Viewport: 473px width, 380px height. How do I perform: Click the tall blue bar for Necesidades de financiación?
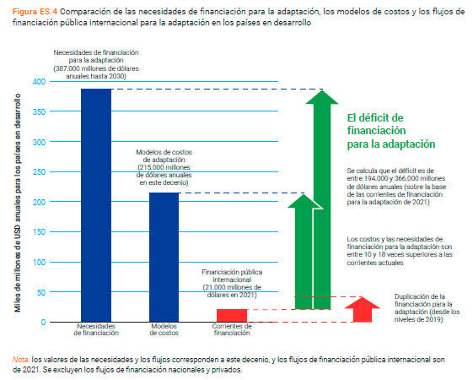point(96,205)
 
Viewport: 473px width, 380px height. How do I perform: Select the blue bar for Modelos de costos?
point(164,258)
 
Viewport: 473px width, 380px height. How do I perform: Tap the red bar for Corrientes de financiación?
point(232,316)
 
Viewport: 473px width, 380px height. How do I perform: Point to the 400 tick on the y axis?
point(39,82)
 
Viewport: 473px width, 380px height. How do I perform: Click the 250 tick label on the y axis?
point(39,172)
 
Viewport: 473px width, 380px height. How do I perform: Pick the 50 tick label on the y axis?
point(41,292)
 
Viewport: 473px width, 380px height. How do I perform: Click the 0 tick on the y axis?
point(44,323)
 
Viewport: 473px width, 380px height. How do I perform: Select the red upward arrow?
point(363,310)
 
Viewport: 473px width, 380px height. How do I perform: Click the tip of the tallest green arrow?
point(322,90)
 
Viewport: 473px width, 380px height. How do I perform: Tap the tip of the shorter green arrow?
point(304,194)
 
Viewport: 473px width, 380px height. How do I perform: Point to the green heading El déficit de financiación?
point(391,131)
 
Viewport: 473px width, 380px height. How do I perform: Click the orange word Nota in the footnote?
point(21,360)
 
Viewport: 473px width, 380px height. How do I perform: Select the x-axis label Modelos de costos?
point(164,329)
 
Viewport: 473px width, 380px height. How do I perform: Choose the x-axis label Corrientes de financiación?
point(232,329)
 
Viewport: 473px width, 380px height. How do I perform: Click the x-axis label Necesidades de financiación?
point(96,329)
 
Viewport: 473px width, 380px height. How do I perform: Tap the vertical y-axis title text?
point(18,203)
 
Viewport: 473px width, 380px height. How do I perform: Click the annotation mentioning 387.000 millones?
point(96,64)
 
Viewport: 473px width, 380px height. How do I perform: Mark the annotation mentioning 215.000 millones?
point(164,167)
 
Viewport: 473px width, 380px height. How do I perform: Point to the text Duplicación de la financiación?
point(427,308)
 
